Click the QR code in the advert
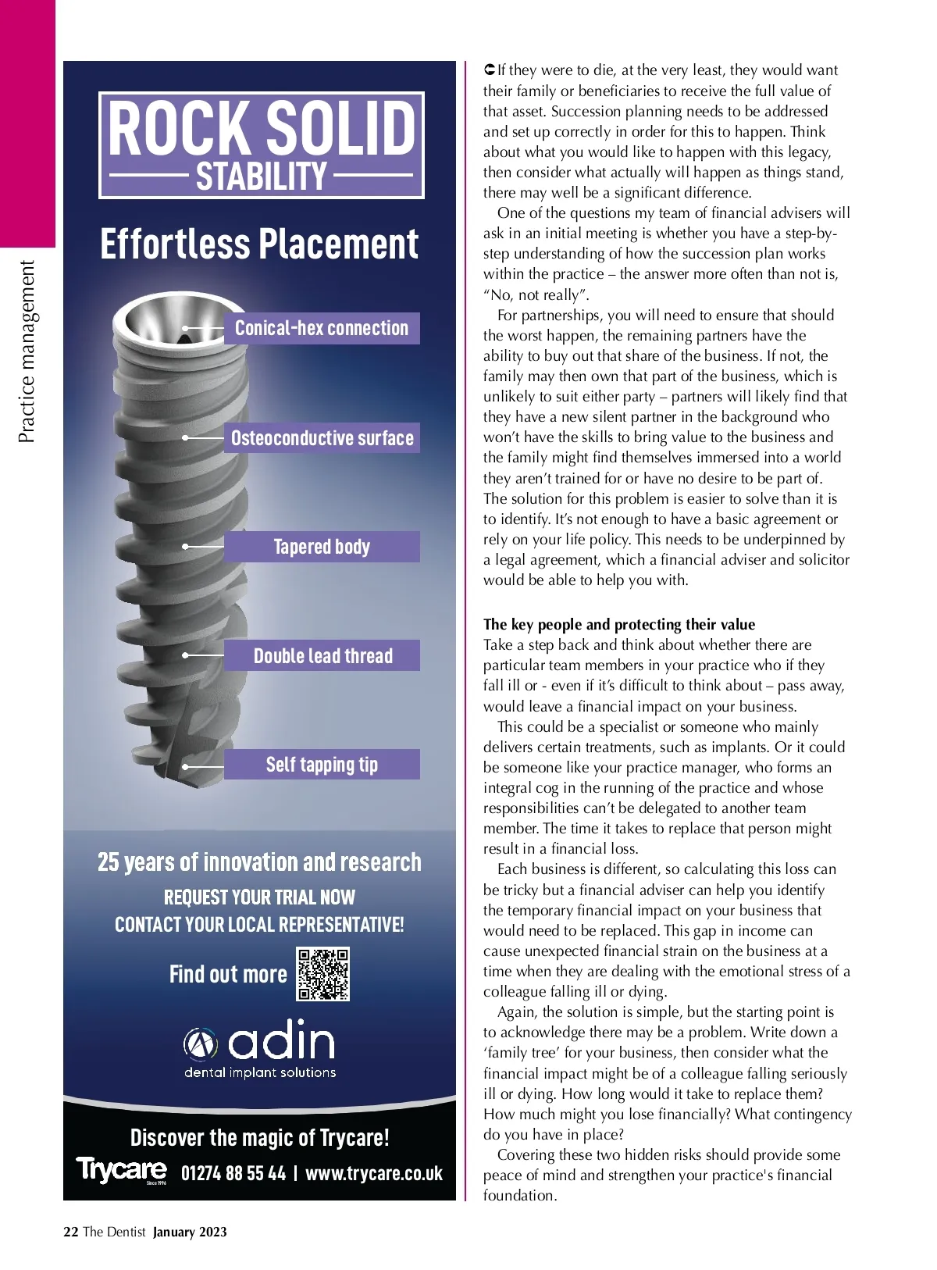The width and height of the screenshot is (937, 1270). pyautogui.click(x=322, y=974)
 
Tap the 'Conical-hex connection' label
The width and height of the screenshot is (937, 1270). pyautogui.click(x=322, y=329)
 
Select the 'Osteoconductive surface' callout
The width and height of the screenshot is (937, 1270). pyautogui.click(x=322, y=438)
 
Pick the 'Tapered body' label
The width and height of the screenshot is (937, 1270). pyautogui.click(x=322, y=547)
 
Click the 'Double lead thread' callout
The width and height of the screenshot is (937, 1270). pyautogui.click(x=322, y=656)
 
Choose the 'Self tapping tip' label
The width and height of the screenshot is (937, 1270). pyautogui.click(x=322, y=765)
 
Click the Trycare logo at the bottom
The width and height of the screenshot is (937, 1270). pyautogui.click(x=121, y=1170)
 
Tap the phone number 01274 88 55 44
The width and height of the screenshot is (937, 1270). pyautogui.click(x=233, y=1173)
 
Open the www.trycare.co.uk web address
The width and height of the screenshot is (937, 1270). pyautogui.click(x=374, y=1173)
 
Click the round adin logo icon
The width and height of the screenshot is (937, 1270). pyautogui.click(x=200, y=1043)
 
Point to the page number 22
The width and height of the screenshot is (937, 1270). pyautogui.click(x=70, y=1232)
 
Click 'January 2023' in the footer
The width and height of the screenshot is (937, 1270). pyautogui.click(x=190, y=1232)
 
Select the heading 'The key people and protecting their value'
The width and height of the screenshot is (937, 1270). pyautogui.click(x=619, y=624)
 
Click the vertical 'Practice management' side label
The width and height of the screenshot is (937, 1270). pyautogui.click(x=27, y=351)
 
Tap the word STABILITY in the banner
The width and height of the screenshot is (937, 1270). pyautogui.click(x=261, y=177)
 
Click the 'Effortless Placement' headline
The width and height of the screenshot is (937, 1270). pyautogui.click(x=259, y=244)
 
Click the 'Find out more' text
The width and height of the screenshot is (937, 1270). pyautogui.click(x=228, y=975)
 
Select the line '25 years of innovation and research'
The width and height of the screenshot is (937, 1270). pyautogui.click(x=259, y=862)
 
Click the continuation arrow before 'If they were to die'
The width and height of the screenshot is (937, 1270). pyautogui.click(x=490, y=70)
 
